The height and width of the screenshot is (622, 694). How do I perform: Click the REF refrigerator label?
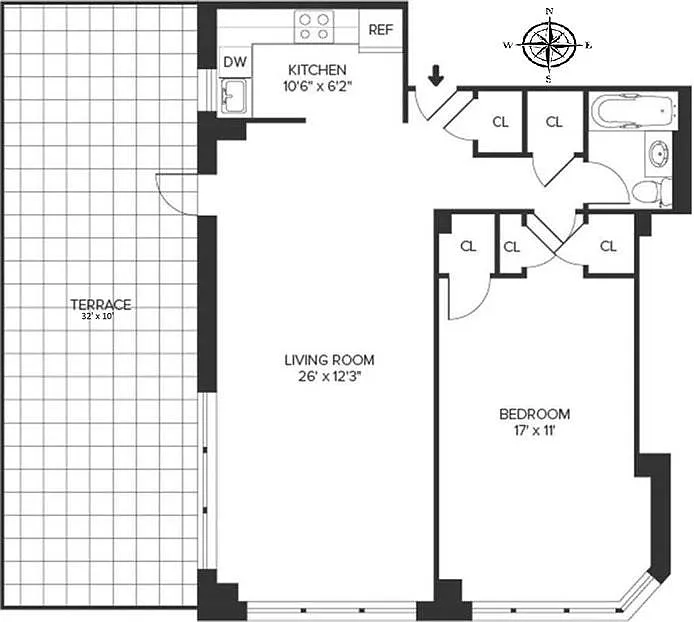[381, 30]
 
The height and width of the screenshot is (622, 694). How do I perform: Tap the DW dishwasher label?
[235, 62]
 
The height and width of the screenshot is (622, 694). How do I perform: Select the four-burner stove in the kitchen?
[314, 27]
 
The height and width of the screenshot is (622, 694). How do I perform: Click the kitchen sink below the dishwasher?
[233, 95]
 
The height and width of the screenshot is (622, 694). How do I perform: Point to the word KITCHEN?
[317, 70]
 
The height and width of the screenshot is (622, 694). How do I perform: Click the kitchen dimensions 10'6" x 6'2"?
[317, 86]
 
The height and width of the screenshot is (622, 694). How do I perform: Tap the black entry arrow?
[436, 76]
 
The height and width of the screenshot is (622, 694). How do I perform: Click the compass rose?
[549, 45]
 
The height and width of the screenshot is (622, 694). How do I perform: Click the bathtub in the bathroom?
[632, 111]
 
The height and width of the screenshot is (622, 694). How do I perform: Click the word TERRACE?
[101, 305]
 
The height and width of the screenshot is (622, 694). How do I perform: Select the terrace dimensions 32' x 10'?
[98, 317]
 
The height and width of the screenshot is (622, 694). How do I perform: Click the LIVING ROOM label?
[329, 360]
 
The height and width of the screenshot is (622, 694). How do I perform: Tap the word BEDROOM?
[535, 414]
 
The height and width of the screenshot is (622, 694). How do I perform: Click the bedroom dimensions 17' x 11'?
[535, 430]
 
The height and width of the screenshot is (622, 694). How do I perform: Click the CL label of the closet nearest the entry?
[501, 122]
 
